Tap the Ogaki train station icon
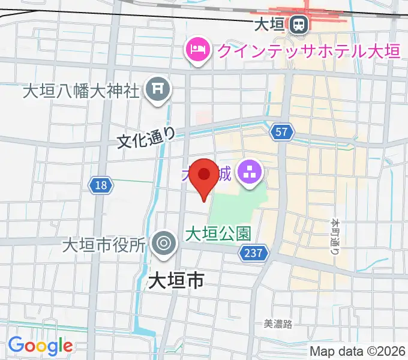(x=298, y=25)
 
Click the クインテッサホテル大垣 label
(x=308, y=50)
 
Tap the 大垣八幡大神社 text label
(x=81, y=91)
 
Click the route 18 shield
(x=101, y=185)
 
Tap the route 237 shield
(x=253, y=253)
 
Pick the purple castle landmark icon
(x=248, y=174)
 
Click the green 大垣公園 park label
(x=217, y=233)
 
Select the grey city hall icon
(x=163, y=244)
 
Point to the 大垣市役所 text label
(x=104, y=245)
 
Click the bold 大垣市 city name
(x=175, y=280)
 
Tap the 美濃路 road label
(x=278, y=324)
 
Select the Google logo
(x=40, y=346)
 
